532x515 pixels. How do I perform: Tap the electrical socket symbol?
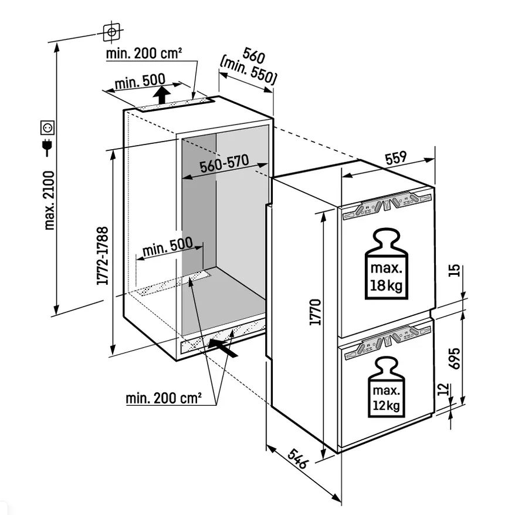click(x=48, y=126)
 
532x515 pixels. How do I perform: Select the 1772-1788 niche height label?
click(x=103, y=256)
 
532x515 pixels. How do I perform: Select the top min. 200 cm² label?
click(x=144, y=54)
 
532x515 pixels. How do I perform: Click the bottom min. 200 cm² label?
click(x=164, y=399)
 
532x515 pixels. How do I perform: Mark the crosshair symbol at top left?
click(x=111, y=32)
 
